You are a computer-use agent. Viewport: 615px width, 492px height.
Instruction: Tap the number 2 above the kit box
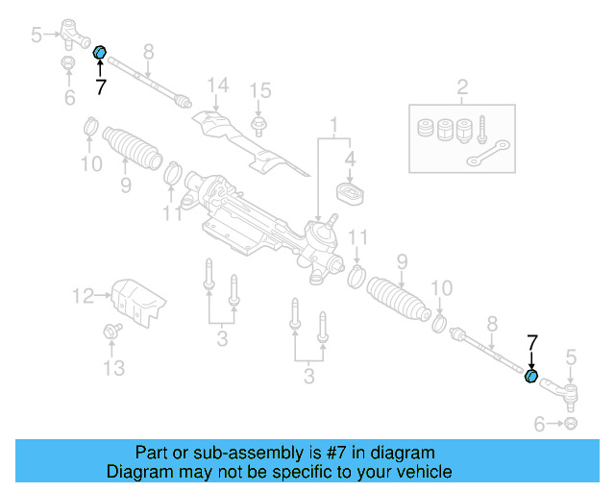(462, 90)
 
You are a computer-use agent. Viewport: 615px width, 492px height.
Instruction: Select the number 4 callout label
(350, 159)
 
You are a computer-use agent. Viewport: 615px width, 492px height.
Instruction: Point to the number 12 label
(85, 296)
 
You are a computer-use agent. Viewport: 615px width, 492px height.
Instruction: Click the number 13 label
(113, 368)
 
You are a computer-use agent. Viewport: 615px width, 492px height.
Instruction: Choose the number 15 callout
(260, 90)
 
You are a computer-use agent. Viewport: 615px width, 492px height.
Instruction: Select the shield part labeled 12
(135, 296)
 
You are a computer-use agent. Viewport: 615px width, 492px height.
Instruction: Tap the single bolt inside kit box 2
(481, 126)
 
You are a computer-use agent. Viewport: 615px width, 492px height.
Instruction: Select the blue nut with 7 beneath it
(99, 52)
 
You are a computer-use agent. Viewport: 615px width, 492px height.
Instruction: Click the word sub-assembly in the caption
(221, 453)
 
